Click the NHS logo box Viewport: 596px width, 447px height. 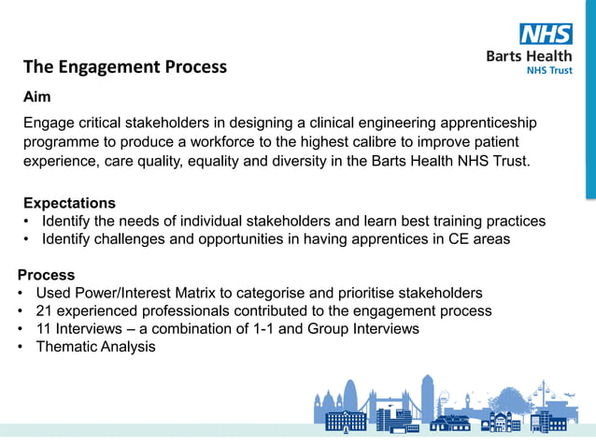[x=546, y=34]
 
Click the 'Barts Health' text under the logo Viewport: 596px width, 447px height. [x=530, y=55]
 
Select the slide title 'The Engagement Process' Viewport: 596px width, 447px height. [x=125, y=66]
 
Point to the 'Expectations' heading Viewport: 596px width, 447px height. [x=69, y=203]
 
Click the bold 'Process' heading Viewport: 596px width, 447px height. [x=47, y=275]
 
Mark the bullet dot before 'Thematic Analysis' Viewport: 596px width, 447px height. [x=21, y=347]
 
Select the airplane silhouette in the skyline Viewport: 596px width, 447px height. [x=570, y=396]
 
